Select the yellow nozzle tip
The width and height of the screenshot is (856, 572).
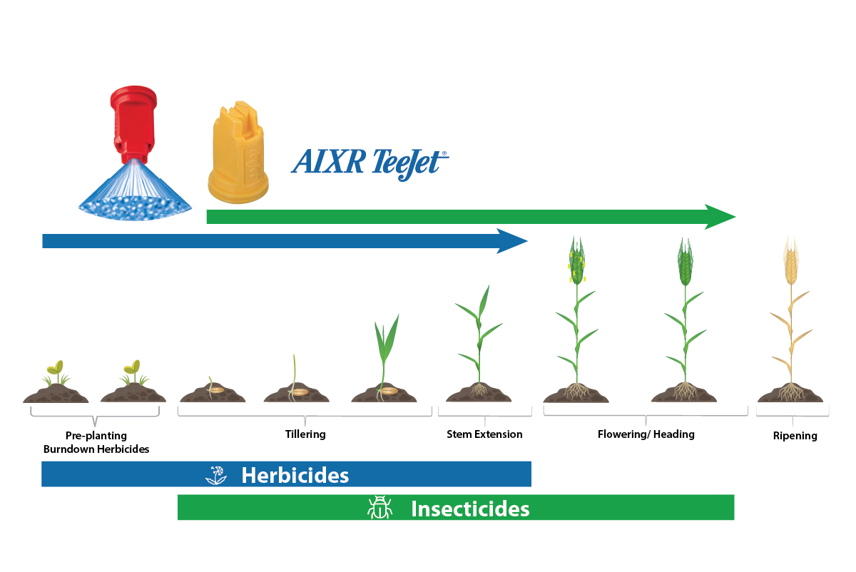[237, 153]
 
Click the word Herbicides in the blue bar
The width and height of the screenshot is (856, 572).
[295, 475]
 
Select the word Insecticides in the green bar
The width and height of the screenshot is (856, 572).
[470, 509]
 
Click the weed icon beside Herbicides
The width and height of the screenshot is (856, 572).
[216, 475]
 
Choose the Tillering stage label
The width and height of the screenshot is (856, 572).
[305, 434]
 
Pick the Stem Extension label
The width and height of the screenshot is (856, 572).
[484, 434]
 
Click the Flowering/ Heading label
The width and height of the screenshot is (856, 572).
[646, 434]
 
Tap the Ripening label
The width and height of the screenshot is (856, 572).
[795, 436]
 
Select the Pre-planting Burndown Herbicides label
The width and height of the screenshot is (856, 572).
[96, 442]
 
